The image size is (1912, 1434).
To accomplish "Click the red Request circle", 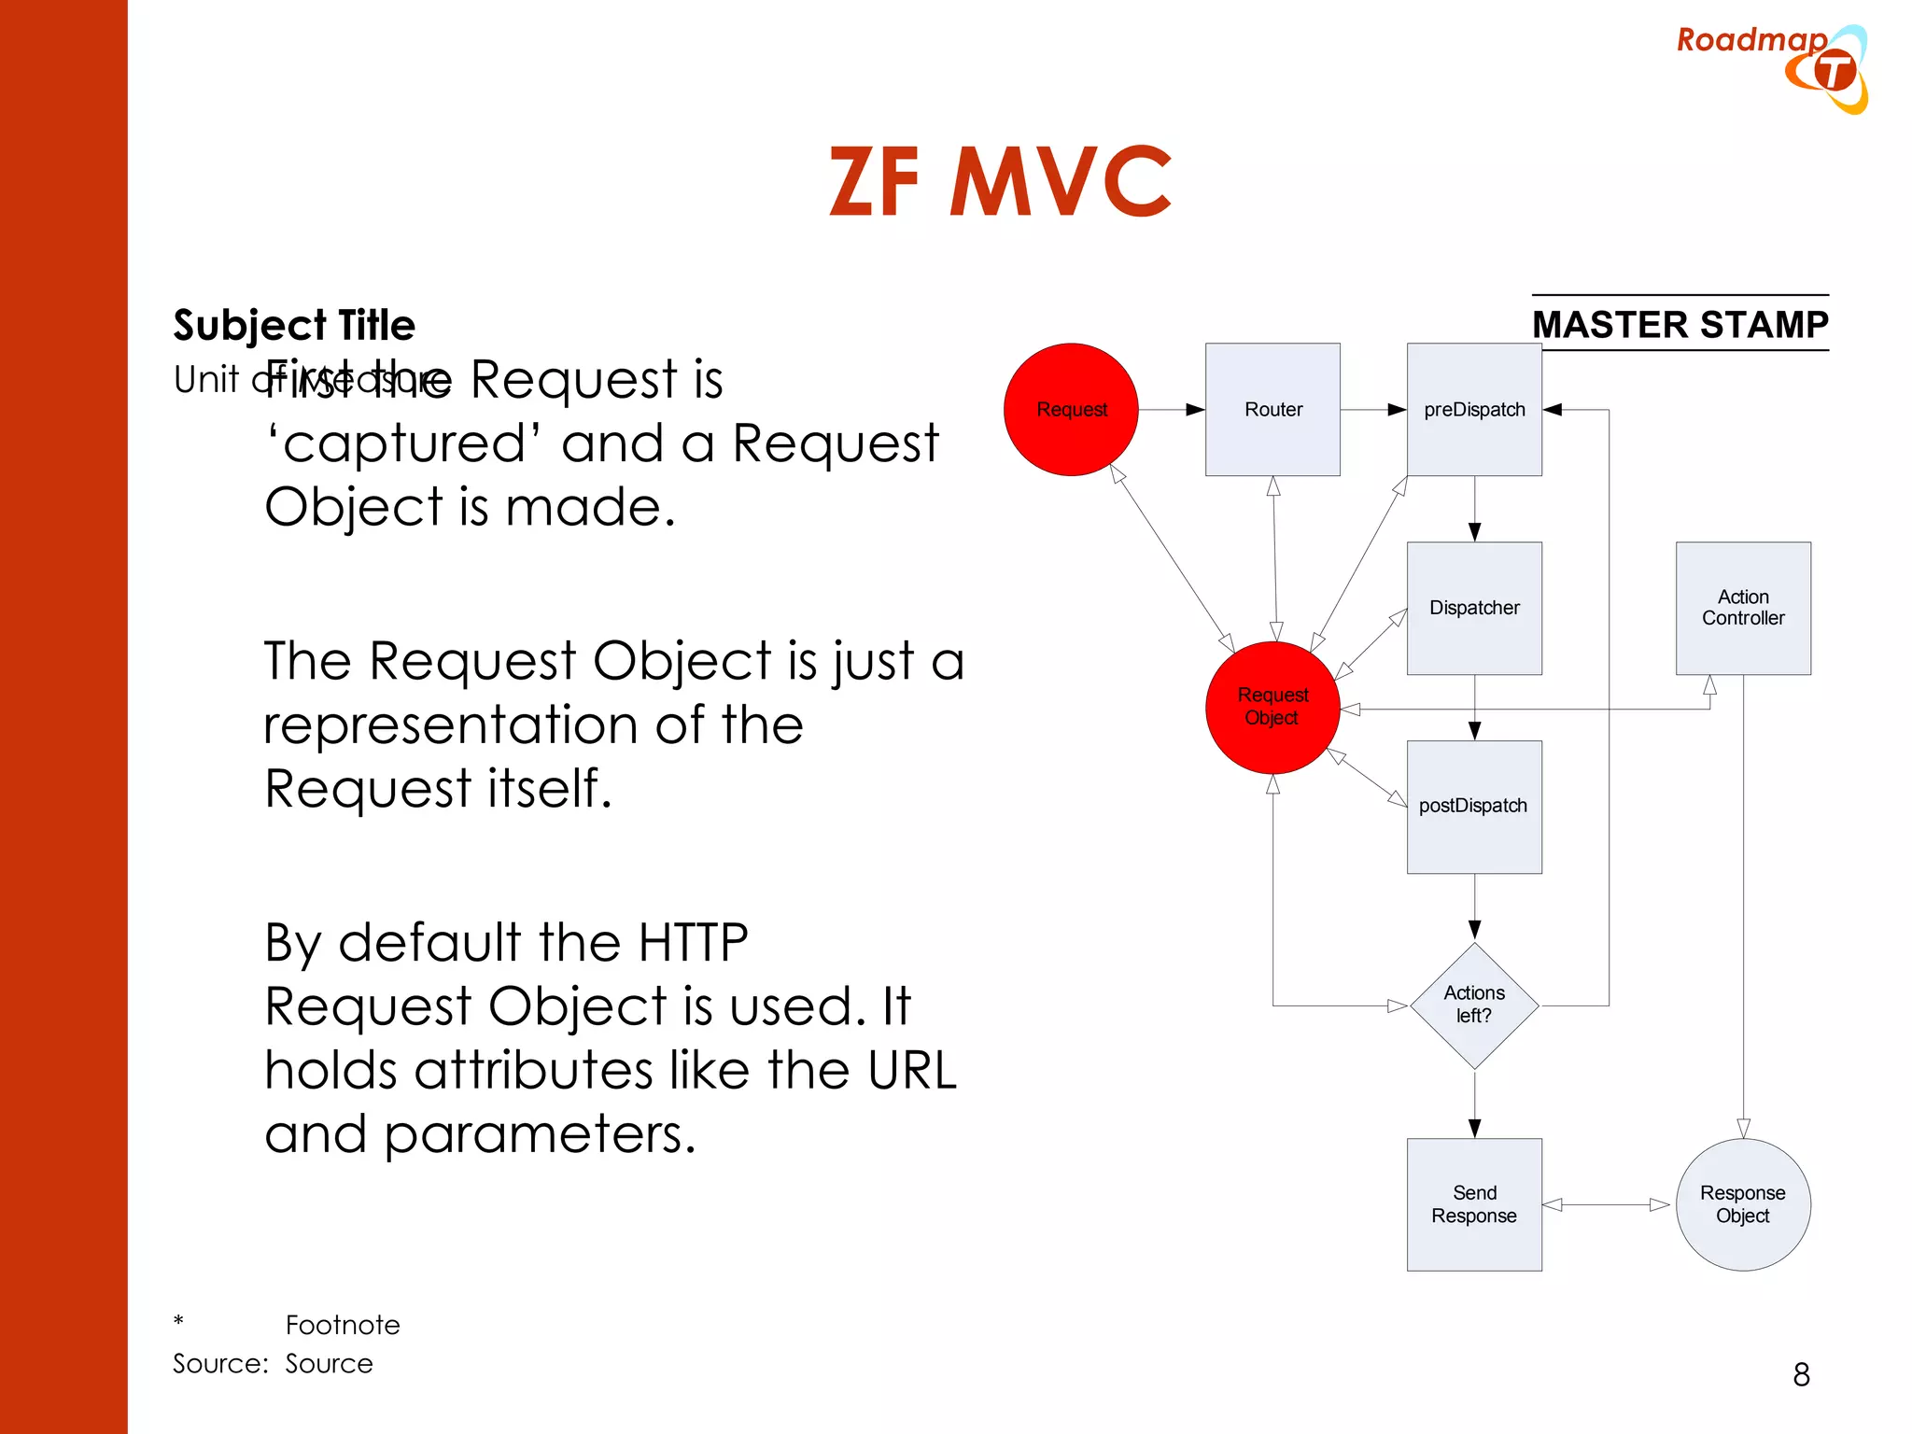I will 1071,409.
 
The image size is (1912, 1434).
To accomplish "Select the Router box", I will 1272,409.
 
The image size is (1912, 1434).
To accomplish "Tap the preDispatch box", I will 1474,409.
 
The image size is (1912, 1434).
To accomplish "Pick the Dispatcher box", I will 1474,608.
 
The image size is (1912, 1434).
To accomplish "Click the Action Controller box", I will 1743,608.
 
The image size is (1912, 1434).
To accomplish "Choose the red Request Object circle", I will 1272,707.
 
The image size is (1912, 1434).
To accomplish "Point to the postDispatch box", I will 1474,807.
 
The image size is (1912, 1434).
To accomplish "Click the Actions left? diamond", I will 1474,1005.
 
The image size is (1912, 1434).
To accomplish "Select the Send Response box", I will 1474,1204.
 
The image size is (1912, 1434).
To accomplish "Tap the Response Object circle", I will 1743,1204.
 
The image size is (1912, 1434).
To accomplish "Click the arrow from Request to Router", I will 1172,409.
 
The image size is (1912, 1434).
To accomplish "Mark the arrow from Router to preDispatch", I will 1373,409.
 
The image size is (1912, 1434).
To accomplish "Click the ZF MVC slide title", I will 1000,182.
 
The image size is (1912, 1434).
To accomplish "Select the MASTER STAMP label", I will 1680,324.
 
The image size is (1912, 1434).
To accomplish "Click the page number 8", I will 1801,1374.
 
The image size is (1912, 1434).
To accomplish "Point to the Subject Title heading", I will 294,325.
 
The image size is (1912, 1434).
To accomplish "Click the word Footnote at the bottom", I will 343,1325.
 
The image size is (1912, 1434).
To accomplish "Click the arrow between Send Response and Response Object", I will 1606,1204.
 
